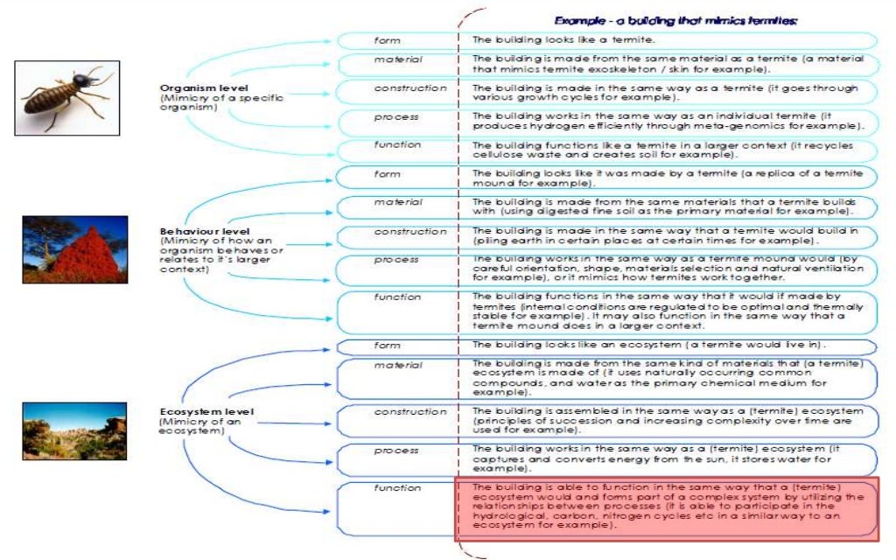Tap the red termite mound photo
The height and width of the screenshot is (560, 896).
pyautogui.click(x=75, y=249)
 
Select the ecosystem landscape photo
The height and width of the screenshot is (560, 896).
pyautogui.click(x=74, y=430)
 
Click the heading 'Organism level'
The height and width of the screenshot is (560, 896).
pyautogui.click(x=204, y=88)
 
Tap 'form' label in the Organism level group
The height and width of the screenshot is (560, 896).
pyautogui.click(x=387, y=40)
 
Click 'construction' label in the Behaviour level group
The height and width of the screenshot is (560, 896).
pyautogui.click(x=409, y=232)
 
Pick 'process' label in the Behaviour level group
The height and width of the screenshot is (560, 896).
pyautogui.click(x=395, y=260)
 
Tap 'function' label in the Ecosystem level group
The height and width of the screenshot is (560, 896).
pyautogui.click(x=397, y=487)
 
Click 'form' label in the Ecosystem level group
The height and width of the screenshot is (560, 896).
pyautogui.click(x=387, y=346)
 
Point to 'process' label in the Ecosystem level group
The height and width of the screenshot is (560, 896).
pyautogui.click(x=395, y=450)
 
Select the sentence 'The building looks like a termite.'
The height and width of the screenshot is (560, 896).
pyautogui.click(x=564, y=40)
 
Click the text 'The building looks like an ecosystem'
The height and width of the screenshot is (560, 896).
pyautogui.click(x=595, y=346)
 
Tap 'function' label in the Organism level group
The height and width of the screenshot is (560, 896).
pyautogui.click(x=397, y=145)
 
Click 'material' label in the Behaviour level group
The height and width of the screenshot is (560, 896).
pyautogui.click(x=398, y=203)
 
